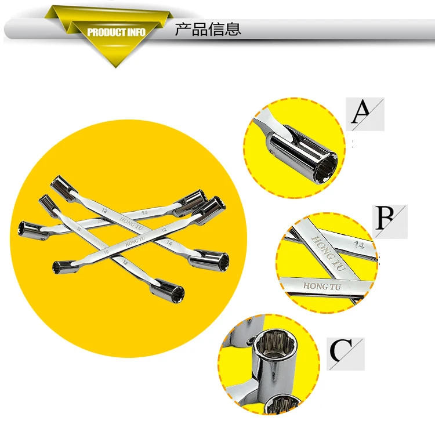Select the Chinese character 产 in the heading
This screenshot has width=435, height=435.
[183, 30]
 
